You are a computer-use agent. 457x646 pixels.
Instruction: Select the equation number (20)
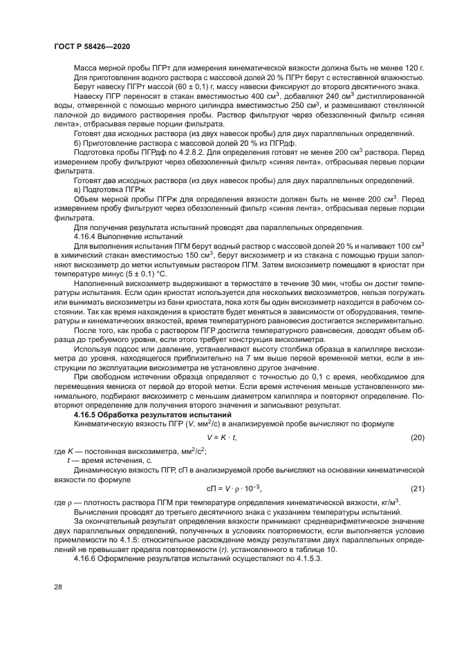[x=417, y=457]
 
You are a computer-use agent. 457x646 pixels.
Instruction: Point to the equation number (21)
[x=417, y=488]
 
